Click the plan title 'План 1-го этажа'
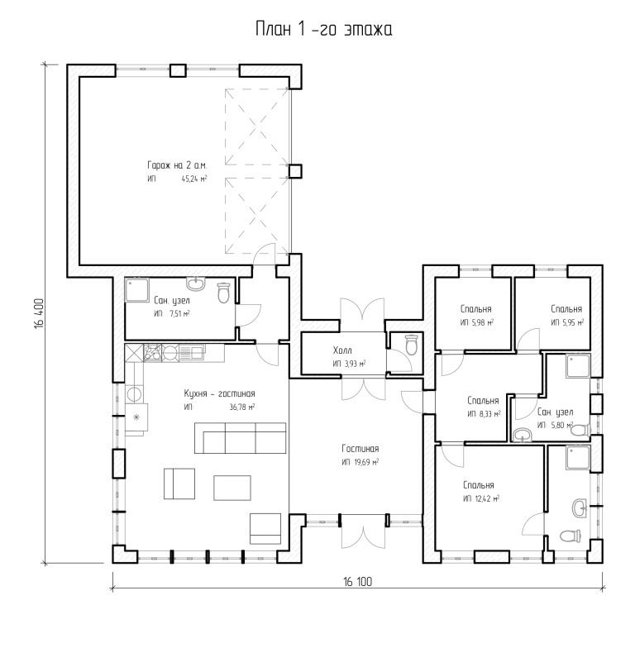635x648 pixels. (x=324, y=30)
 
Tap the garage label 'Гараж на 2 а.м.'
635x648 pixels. (x=177, y=165)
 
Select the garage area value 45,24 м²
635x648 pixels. (x=194, y=179)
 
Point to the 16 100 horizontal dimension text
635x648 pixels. (x=357, y=582)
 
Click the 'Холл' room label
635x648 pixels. (x=342, y=350)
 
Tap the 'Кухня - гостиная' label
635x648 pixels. (x=220, y=393)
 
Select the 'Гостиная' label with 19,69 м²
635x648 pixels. (x=360, y=448)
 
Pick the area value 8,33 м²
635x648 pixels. (x=489, y=413)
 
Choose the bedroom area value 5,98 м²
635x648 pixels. (x=483, y=322)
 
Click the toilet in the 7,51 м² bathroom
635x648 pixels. (x=223, y=293)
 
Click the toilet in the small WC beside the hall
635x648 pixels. (x=411, y=344)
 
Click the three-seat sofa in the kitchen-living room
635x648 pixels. (x=240, y=438)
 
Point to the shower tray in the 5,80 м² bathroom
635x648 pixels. (x=579, y=365)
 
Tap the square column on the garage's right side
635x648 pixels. (x=294, y=171)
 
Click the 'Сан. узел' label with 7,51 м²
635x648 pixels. (x=172, y=300)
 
